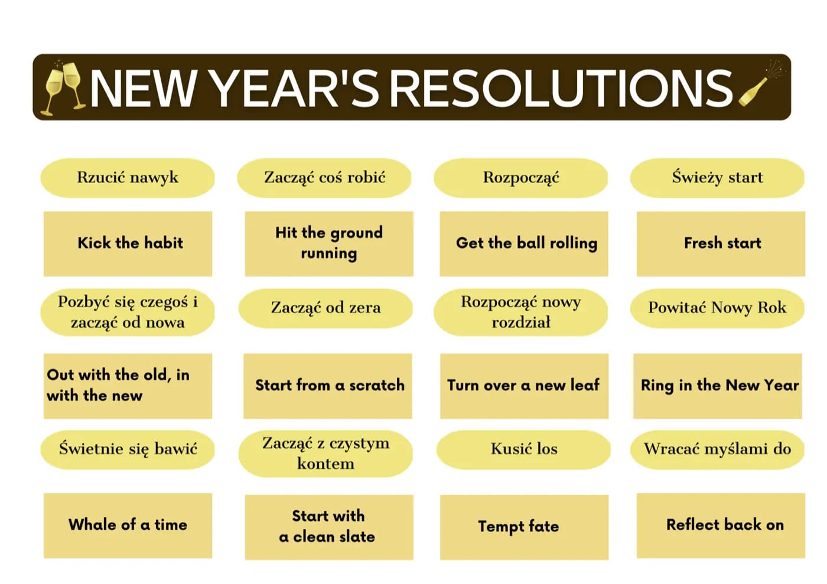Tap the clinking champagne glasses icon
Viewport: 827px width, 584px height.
tap(63, 88)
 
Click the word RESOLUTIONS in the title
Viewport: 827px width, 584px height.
tap(561, 89)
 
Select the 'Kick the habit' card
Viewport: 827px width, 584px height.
tap(128, 244)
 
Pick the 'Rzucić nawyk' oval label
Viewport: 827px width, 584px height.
tap(128, 178)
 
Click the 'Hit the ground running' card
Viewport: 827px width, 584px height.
tap(329, 244)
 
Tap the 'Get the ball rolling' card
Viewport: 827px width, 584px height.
tap(524, 244)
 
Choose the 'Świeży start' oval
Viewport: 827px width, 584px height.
tap(717, 178)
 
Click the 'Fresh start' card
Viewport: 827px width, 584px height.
tap(721, 244)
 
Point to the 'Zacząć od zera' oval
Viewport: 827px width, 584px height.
tap(325, 308)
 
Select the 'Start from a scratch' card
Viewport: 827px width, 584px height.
tap(328, 386)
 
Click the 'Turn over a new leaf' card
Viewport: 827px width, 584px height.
tap(525, 386)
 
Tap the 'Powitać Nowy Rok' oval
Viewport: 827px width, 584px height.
tap(717, 308)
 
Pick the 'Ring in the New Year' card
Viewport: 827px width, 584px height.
tap(718, 386)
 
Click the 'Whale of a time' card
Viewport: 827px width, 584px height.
tap(128, 526)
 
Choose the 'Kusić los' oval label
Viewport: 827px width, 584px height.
tap(523, 449)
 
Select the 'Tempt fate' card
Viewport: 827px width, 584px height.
tap(525, 527)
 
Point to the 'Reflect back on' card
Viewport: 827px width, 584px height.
tap(721, 526)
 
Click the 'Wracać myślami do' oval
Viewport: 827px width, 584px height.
tap(717, 449)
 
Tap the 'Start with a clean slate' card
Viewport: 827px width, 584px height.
tap(329, 527)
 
